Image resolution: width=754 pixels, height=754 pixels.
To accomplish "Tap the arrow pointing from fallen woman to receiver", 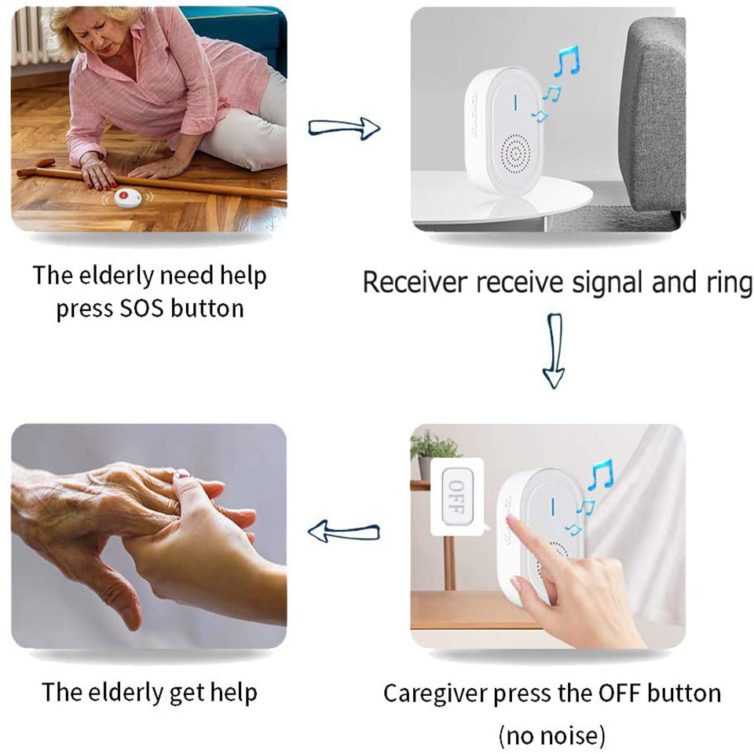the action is point(344,128).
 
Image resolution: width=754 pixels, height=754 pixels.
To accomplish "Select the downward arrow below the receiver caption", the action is point(554,351).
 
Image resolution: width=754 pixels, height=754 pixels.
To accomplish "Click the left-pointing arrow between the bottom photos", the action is point(343,532).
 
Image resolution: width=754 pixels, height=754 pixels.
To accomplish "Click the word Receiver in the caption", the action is point(415,282).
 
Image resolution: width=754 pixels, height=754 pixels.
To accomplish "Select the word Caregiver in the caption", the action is point(435,694).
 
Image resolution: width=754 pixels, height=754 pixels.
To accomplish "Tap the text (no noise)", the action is point(551,736).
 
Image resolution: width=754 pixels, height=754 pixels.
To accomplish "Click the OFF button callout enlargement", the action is point(458,496).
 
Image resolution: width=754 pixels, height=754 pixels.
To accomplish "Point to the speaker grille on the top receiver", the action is point(515,154).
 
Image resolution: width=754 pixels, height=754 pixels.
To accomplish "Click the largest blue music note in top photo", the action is point(567,61).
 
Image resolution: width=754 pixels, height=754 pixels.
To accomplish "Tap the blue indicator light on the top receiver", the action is point(516,102).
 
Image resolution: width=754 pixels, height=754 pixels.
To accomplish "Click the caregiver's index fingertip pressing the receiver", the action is point(511,520).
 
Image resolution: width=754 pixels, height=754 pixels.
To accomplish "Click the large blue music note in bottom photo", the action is point(602,475).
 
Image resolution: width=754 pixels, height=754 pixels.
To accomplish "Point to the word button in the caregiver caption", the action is point(684,694).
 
